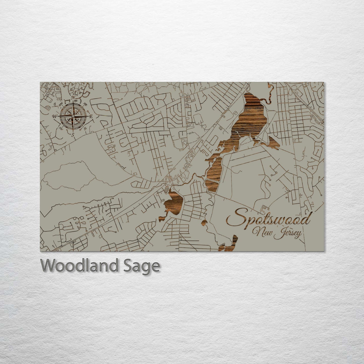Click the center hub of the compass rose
tap(73, 116)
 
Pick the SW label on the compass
tap(60, 128)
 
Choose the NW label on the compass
tap(60, 104)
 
